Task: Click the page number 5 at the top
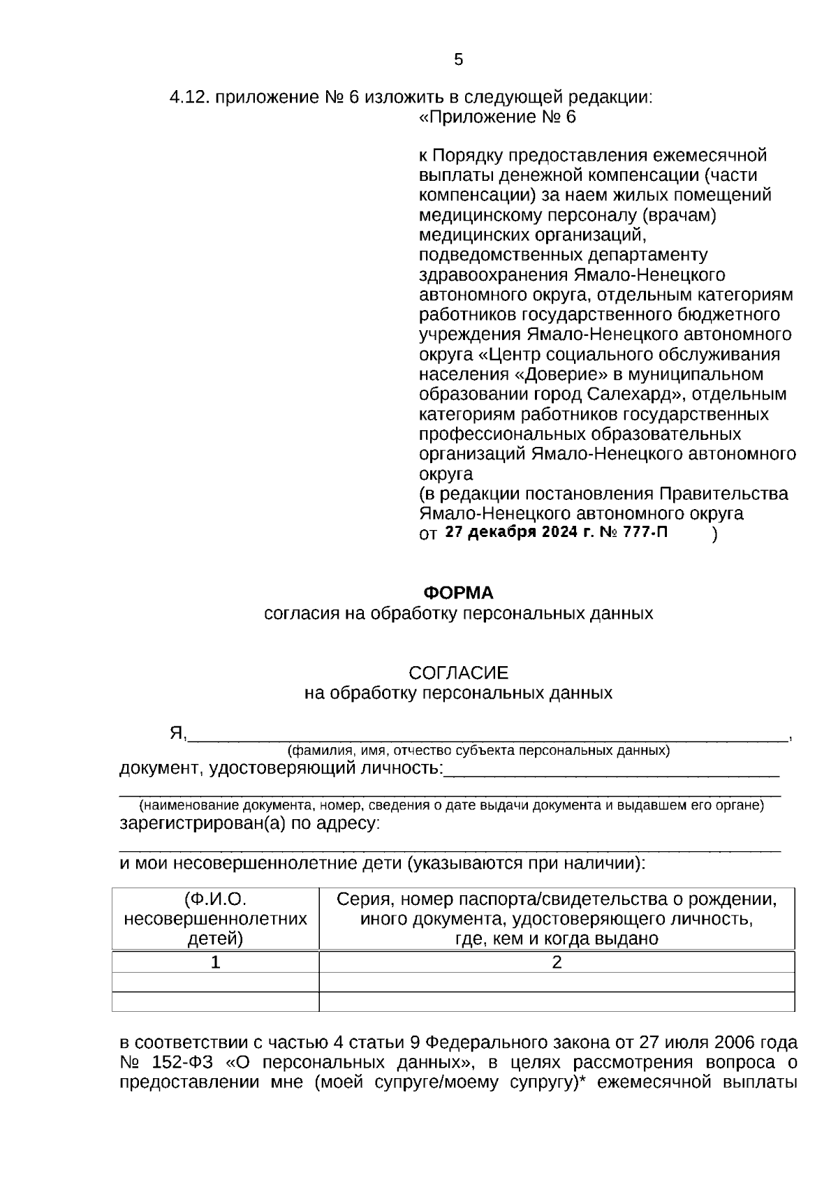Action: click(x=458, y=60)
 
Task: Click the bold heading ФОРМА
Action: click(x=458, y=593)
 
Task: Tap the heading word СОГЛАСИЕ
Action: click(x=458, y=673)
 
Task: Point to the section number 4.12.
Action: click(x=189, y=97)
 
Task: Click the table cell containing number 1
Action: click(x=216, y=962)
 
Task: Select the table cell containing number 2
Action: click(x=557, y=962)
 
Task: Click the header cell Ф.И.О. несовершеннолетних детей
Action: click(x=216, y=918)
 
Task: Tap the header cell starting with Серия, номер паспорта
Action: click(x=557, y=918)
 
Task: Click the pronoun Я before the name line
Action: click(x=176, y=733)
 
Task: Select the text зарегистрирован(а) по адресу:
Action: click(x=250, y=823)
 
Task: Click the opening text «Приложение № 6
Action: click(x=497, y=117)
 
